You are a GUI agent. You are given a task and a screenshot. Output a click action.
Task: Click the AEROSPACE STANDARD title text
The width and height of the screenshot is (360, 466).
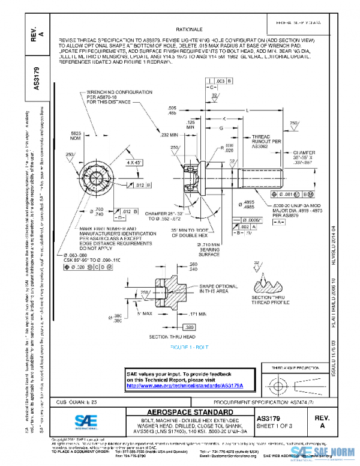pyautogui.click(x=185, y=412)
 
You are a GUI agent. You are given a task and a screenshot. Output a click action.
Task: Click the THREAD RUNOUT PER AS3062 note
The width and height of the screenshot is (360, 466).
pyautogui.click(x=264, y=141)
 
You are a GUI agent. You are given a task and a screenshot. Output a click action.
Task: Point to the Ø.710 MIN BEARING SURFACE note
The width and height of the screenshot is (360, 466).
pyautogui.click(x=215, y=249)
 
